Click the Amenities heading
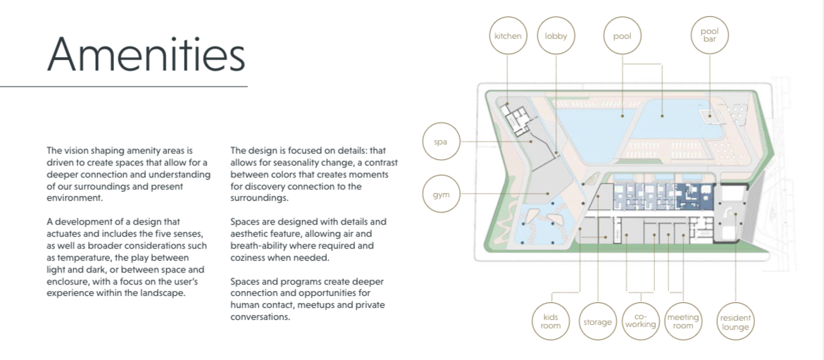(146, 54)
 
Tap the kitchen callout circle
(508, 36)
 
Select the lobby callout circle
(556, 36)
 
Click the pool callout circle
(622, 36)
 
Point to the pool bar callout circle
(710, 36)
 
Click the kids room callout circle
(550, 321)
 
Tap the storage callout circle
(597, 321)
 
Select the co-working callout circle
(640, 321)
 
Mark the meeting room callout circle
(683, 321)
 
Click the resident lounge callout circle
(735, 321)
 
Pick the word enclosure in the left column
(65, 283)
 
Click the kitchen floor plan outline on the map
(515, 118)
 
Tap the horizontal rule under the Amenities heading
(124, 86)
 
